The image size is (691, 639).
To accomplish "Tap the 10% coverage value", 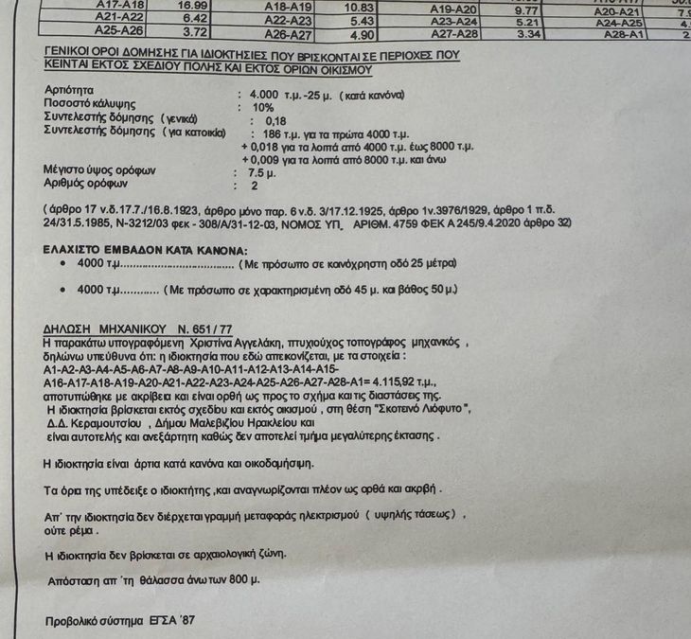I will coord(262,108).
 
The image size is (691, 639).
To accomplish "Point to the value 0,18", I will coord(275,121).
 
